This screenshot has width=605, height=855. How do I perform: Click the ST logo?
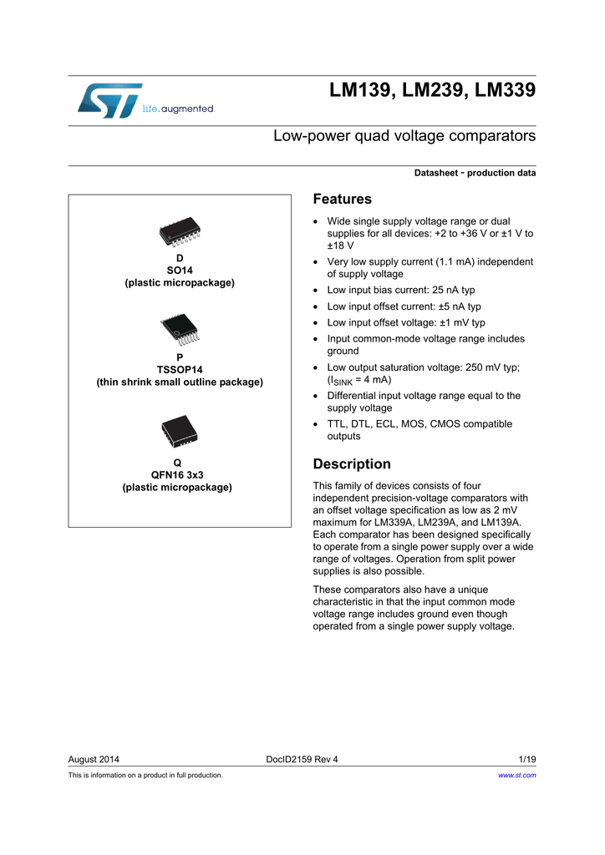pos(109,100)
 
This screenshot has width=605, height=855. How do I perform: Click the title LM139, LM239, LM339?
pos(432,90)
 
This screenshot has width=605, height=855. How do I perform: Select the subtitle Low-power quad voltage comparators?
pos(404,135)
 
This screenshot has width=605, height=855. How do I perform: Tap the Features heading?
pos(342,199)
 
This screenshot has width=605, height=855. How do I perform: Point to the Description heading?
pos(351,464)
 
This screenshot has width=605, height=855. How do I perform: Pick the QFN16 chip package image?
pos(178,433)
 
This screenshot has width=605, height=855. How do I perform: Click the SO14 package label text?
pos(180,271)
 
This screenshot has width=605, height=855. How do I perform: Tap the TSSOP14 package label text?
pos(180,369)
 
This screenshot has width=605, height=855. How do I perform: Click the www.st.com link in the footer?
pos(516,775)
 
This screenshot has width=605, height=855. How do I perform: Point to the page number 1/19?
pos(526,759)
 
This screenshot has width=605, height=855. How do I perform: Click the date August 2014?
pos(94,759)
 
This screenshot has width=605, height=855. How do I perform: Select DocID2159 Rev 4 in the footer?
pos(302,759)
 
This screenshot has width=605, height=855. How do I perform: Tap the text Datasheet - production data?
pos(475,173)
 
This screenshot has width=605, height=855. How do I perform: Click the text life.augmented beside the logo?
pos(178,109)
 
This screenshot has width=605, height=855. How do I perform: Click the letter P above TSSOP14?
pos(180,357)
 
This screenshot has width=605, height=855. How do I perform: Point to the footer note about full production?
pos(145,775)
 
